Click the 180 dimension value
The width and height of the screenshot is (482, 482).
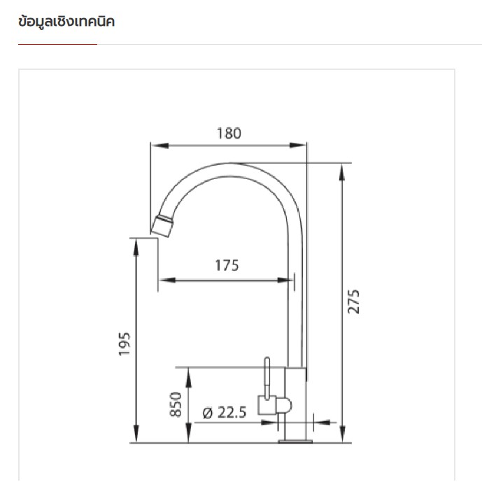click(x=229, y=133)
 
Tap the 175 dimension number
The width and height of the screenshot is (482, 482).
click(x=227, y=265)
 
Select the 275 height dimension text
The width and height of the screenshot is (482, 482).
click(x=353, y=302)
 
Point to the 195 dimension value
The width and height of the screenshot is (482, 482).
click(x=125, y=344)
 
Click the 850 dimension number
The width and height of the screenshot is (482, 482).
click(x=176, y=404)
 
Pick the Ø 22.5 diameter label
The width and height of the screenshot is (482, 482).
click(x=225, y=413)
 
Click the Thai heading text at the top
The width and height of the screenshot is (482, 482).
click(x=66, y=22)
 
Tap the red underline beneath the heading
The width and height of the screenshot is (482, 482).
click(x=57, y=44)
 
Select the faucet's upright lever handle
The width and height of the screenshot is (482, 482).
click(x=267, y=378)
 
